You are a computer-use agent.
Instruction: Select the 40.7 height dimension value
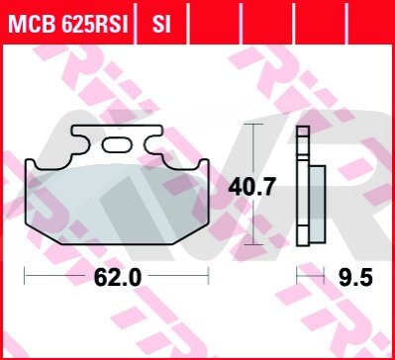tap(251, 188)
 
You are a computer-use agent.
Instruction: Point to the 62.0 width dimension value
tap(118, 277)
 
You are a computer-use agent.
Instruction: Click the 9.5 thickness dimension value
tap(356, 277)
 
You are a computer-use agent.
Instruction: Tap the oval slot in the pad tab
tap(117, 144)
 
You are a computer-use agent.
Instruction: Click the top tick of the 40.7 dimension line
tap(252, 124)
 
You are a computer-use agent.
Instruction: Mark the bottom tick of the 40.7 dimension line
tap(252, 244)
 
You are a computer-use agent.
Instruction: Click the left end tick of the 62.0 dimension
tap(25, 276)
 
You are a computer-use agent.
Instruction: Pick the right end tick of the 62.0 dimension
tap(209, 276)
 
